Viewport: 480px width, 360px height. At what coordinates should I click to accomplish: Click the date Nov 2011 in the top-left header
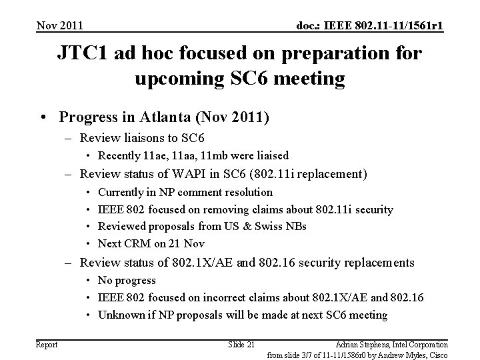click(x=60, y=26)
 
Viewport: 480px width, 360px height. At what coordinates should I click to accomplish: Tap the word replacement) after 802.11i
click(x=333, y=175)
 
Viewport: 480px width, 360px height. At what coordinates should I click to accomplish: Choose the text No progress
click(x=127, y=280)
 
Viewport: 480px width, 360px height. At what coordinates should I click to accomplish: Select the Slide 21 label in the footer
click(x=241, y=344)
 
